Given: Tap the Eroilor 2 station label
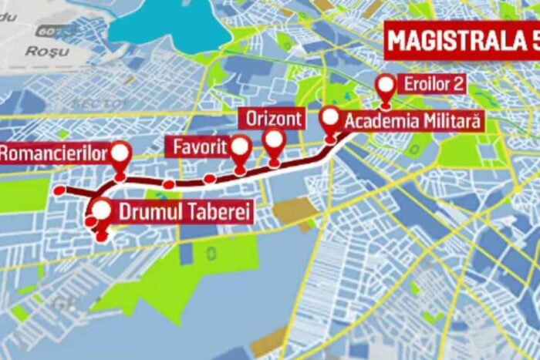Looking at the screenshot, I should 434,84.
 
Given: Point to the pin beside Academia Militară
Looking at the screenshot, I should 330,119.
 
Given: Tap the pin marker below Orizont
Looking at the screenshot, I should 274,141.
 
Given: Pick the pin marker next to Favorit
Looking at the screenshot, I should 241,147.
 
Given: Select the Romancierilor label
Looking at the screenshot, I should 52,153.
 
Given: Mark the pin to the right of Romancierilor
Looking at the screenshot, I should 120,153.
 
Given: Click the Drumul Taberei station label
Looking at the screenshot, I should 184,211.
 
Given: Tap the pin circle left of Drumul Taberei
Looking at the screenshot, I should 101,208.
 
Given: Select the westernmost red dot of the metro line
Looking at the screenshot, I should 59,190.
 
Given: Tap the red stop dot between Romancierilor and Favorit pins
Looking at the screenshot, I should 168,183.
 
